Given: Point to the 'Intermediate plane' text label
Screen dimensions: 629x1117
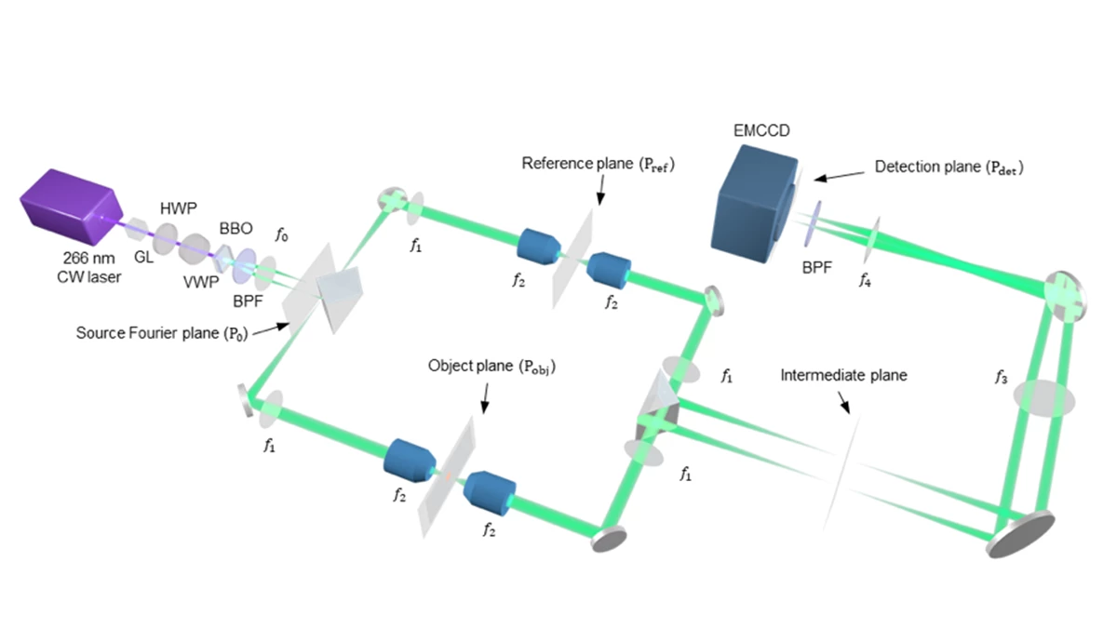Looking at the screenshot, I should (842, 375).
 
